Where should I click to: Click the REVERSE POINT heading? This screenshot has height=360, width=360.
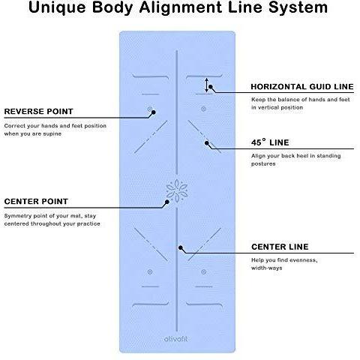(39, 111)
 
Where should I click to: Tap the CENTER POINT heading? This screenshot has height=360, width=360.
(36, 201)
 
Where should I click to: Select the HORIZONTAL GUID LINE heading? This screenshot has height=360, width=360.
(302, 86)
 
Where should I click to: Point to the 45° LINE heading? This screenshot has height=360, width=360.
(270, 142)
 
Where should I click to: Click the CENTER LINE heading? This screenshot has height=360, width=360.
(280, 247)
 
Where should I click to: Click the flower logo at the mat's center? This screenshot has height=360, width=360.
(177, 190)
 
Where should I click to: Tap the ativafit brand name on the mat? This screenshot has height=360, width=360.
(175, 339)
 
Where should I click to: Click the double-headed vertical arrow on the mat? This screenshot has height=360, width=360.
(206, 85)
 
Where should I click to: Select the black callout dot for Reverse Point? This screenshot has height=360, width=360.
(154, 112)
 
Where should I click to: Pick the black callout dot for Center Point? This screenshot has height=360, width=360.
(167, 202)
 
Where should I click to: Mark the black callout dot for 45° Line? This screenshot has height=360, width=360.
(207, 143)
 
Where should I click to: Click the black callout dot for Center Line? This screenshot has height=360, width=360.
(181, 247)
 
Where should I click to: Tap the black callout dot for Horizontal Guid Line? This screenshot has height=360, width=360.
(211, 87)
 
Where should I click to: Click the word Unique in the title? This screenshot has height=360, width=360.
(57, 7)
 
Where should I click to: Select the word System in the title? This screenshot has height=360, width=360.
(298, 7)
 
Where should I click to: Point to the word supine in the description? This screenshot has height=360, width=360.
(52, 134)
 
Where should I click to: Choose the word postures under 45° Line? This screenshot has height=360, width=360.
(263, 164)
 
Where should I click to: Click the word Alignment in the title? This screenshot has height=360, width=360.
(180, 7)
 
